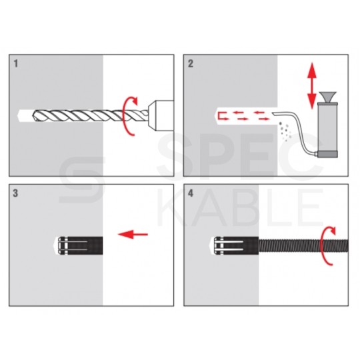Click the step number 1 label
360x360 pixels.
(x=15, y=63)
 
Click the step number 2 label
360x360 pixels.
(x=191, y=63)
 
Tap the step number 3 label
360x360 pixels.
(x=15, y=193)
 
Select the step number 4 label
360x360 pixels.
(x=191, y=193)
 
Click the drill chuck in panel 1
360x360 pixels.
(x=161, y=116)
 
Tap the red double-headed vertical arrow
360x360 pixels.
(x=312, y=85)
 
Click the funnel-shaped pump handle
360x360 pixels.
(x=327, y=97)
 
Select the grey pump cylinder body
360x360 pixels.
(x=327, y=127)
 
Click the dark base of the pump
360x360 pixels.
(x=327, y=154)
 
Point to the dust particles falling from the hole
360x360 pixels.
(x=285, y=131)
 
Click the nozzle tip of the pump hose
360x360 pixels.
(x=274, y=113)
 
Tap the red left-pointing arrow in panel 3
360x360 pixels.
(x=133, y=234)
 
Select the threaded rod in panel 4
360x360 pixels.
(x=303, y=245)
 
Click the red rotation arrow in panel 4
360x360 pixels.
(x=323, y=246)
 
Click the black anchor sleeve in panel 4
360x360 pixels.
(x=236, y=245)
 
